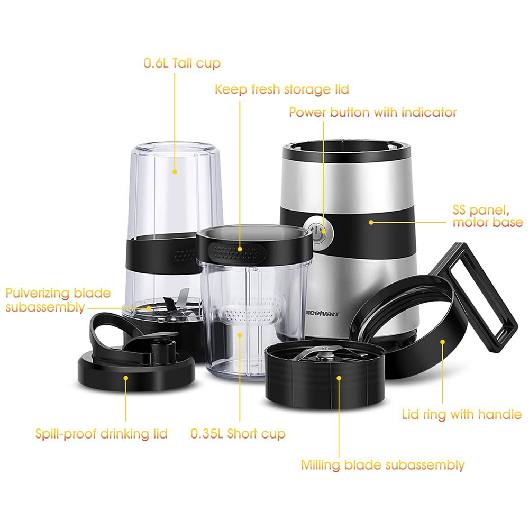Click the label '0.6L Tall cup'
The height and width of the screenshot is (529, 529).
[x=182, y=63]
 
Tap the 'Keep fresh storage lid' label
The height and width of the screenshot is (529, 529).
[x=282, y=89]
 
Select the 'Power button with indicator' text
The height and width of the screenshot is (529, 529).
[x=373, y=112]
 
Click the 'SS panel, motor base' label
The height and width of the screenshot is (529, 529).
[x=488, y=216]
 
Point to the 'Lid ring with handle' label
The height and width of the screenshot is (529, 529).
[x=462, y=414]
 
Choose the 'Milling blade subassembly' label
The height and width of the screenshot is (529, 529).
[x=382, y=465]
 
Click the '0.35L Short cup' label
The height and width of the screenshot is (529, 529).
[x=238, y=434]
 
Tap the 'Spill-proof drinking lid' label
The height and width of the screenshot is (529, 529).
[x=101, y=434]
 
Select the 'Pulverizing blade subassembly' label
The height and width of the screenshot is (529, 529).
[x=58, y=300]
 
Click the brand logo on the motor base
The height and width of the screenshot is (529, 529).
[x=322, y=314]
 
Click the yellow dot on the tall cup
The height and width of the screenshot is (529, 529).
[x=175, y=172]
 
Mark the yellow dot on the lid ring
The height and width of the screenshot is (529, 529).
[x=442, y=342]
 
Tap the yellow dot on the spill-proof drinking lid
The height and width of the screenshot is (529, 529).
[x=125, y=378]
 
